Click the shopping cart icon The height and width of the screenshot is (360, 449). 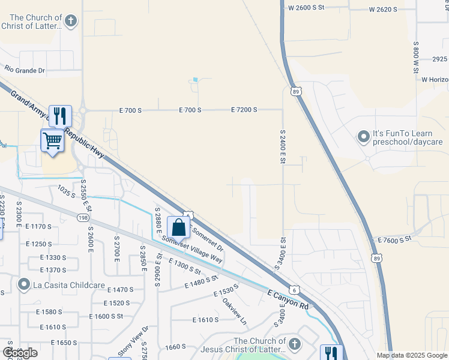pos(53,142)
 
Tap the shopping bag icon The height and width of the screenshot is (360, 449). pos(179,228)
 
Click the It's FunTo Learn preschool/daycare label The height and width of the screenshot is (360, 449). pos(408,138)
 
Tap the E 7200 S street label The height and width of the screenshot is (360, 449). pos(244,110)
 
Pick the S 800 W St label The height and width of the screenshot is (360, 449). pos(415,58)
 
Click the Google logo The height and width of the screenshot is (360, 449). pos(20,353)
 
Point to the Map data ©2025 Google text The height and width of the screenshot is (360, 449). pos(412,355)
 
